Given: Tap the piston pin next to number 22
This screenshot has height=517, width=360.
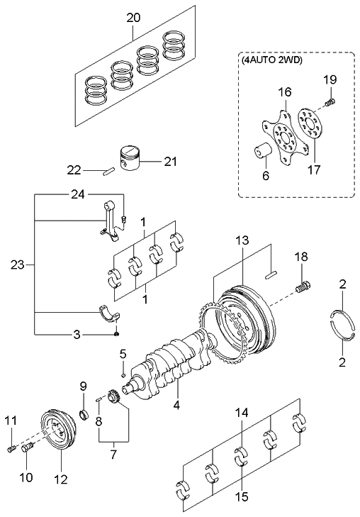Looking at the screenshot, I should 107,170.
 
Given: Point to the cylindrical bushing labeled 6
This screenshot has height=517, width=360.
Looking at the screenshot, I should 264,152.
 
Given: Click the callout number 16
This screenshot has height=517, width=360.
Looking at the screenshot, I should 284,92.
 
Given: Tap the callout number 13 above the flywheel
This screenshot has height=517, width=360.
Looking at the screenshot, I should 242,242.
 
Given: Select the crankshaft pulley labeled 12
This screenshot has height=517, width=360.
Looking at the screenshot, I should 57,433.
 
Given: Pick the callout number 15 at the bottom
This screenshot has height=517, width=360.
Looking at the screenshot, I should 242,498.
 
